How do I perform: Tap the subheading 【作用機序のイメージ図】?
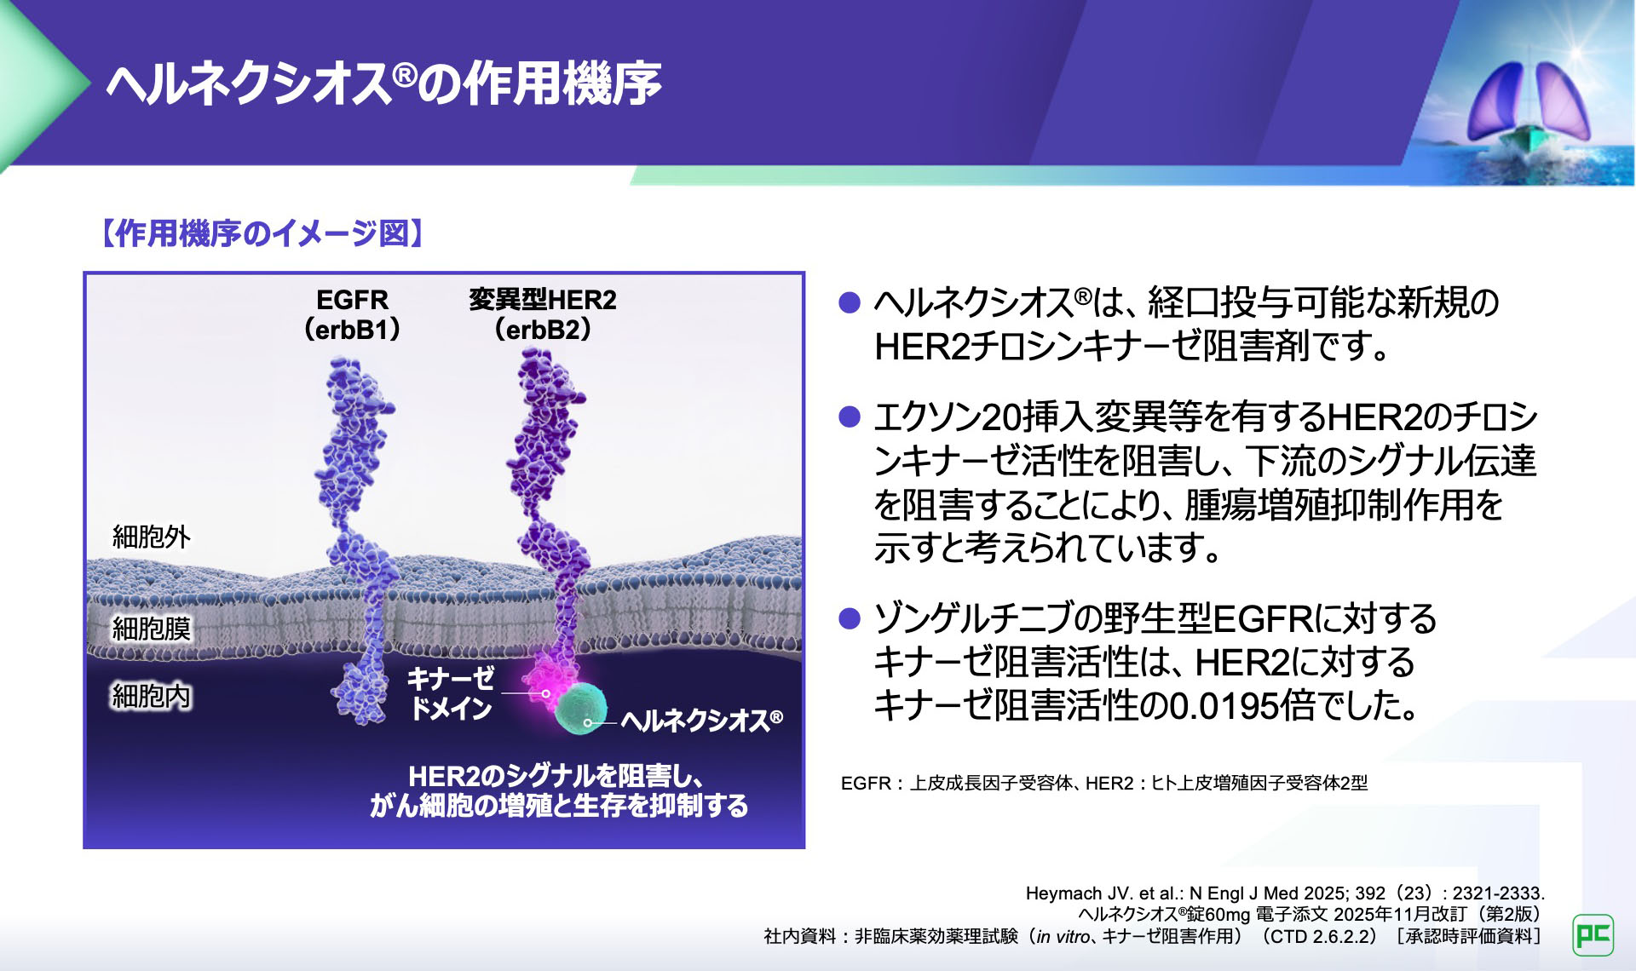coord(262,233)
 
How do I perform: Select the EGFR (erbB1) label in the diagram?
coord(352,314)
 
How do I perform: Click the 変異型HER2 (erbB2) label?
coord(542,314)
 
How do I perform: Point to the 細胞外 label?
coord(152,537)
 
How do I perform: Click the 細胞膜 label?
coord(152,629)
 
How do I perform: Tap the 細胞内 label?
coord(152,696)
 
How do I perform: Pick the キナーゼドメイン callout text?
coord(451,692)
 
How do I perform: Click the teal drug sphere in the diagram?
coord(581,707)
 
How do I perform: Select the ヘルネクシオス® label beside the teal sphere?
coord(701,721)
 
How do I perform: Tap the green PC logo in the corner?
coord(1593,935)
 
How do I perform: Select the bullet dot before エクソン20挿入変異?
coord(850,417)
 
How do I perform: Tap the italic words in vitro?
coord(1063,936)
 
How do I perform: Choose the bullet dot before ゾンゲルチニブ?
coord(850,618)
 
